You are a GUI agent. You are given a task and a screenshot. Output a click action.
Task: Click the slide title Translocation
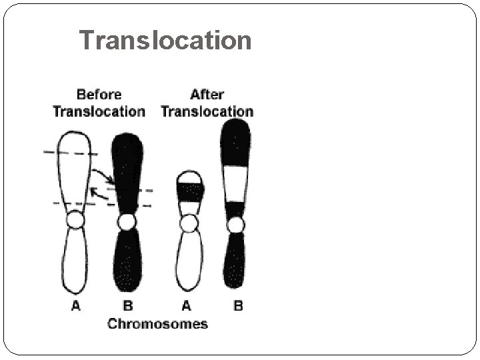(x=165, y=41)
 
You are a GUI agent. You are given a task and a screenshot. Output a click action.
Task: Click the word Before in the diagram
(x=99, y=95)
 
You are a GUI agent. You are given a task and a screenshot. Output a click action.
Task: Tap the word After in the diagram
(x=207, y=95)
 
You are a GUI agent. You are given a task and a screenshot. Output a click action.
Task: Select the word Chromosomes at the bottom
(x=157, y=324)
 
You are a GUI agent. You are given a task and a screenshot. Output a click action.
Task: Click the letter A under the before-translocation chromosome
(x=75, y=306)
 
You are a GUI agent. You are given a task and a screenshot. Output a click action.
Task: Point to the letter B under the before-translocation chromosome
(x=128, y=306)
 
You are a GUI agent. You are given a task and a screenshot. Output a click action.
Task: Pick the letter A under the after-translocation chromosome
(x=186, y=306)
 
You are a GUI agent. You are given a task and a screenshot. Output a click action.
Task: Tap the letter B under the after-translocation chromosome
(x=238, y=306)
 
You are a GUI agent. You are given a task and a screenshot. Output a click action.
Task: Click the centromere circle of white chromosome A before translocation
(x=75, y=220)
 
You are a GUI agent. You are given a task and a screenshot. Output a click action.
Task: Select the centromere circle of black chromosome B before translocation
(x=127, y=221)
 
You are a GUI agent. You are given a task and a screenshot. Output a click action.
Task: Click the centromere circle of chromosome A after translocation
(x=189, y=223)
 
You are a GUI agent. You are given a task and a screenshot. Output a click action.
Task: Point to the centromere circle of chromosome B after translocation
(x=235, y=225)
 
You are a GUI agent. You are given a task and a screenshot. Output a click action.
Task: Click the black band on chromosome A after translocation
(x=190, y=192)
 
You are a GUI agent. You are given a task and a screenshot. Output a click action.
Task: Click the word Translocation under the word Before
(x=99, y=111)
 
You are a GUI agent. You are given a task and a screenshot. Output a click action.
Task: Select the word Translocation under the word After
(x=207, y=111)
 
